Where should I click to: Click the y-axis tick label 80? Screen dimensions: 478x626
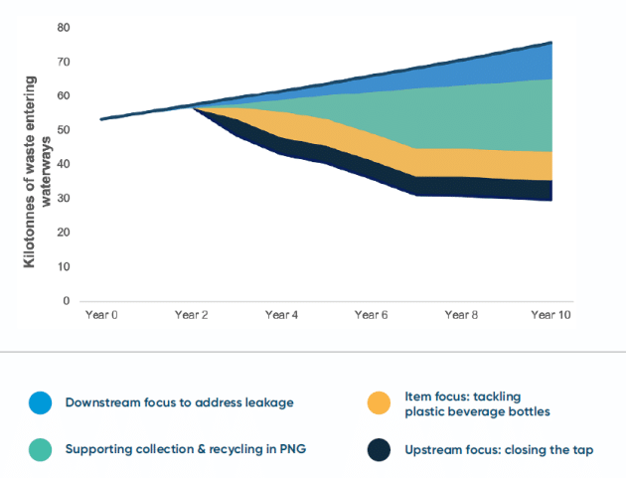(64, 27)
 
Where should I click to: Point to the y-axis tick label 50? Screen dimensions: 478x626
(64, 130)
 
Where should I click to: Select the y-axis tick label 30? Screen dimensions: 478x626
(64, 199)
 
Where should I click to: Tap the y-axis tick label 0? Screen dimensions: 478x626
(67, 301)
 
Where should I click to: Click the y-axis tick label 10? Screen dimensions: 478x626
(64, 267)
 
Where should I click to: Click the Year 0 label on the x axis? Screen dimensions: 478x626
(101, 315)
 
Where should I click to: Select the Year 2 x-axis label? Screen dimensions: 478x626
(192, 315)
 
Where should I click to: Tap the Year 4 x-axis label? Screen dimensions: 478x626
(282, 315)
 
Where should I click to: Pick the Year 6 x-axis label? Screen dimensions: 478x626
(372, 315)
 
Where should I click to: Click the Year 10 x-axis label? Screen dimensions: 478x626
(549, 315)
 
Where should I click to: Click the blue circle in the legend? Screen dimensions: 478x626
(40, 402)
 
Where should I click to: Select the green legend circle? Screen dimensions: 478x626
(40, 449)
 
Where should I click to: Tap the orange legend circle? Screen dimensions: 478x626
(379, 402)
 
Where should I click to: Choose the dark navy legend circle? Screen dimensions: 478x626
(379, 449)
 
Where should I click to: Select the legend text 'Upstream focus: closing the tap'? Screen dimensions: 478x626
(499, 449)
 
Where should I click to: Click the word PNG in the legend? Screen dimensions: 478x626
(294, 449)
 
